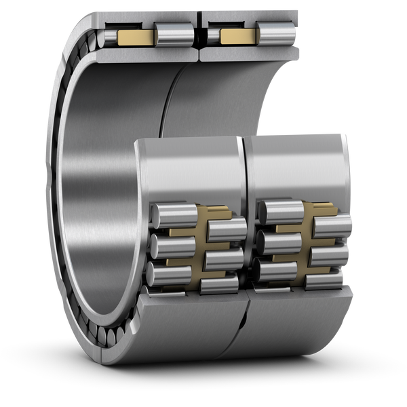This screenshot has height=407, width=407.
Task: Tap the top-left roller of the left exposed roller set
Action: [x=168, y=212]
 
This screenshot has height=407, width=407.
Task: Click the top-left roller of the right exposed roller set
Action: [x=279, y=211]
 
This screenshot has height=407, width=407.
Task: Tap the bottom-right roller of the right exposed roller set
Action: [x=329, y=280]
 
